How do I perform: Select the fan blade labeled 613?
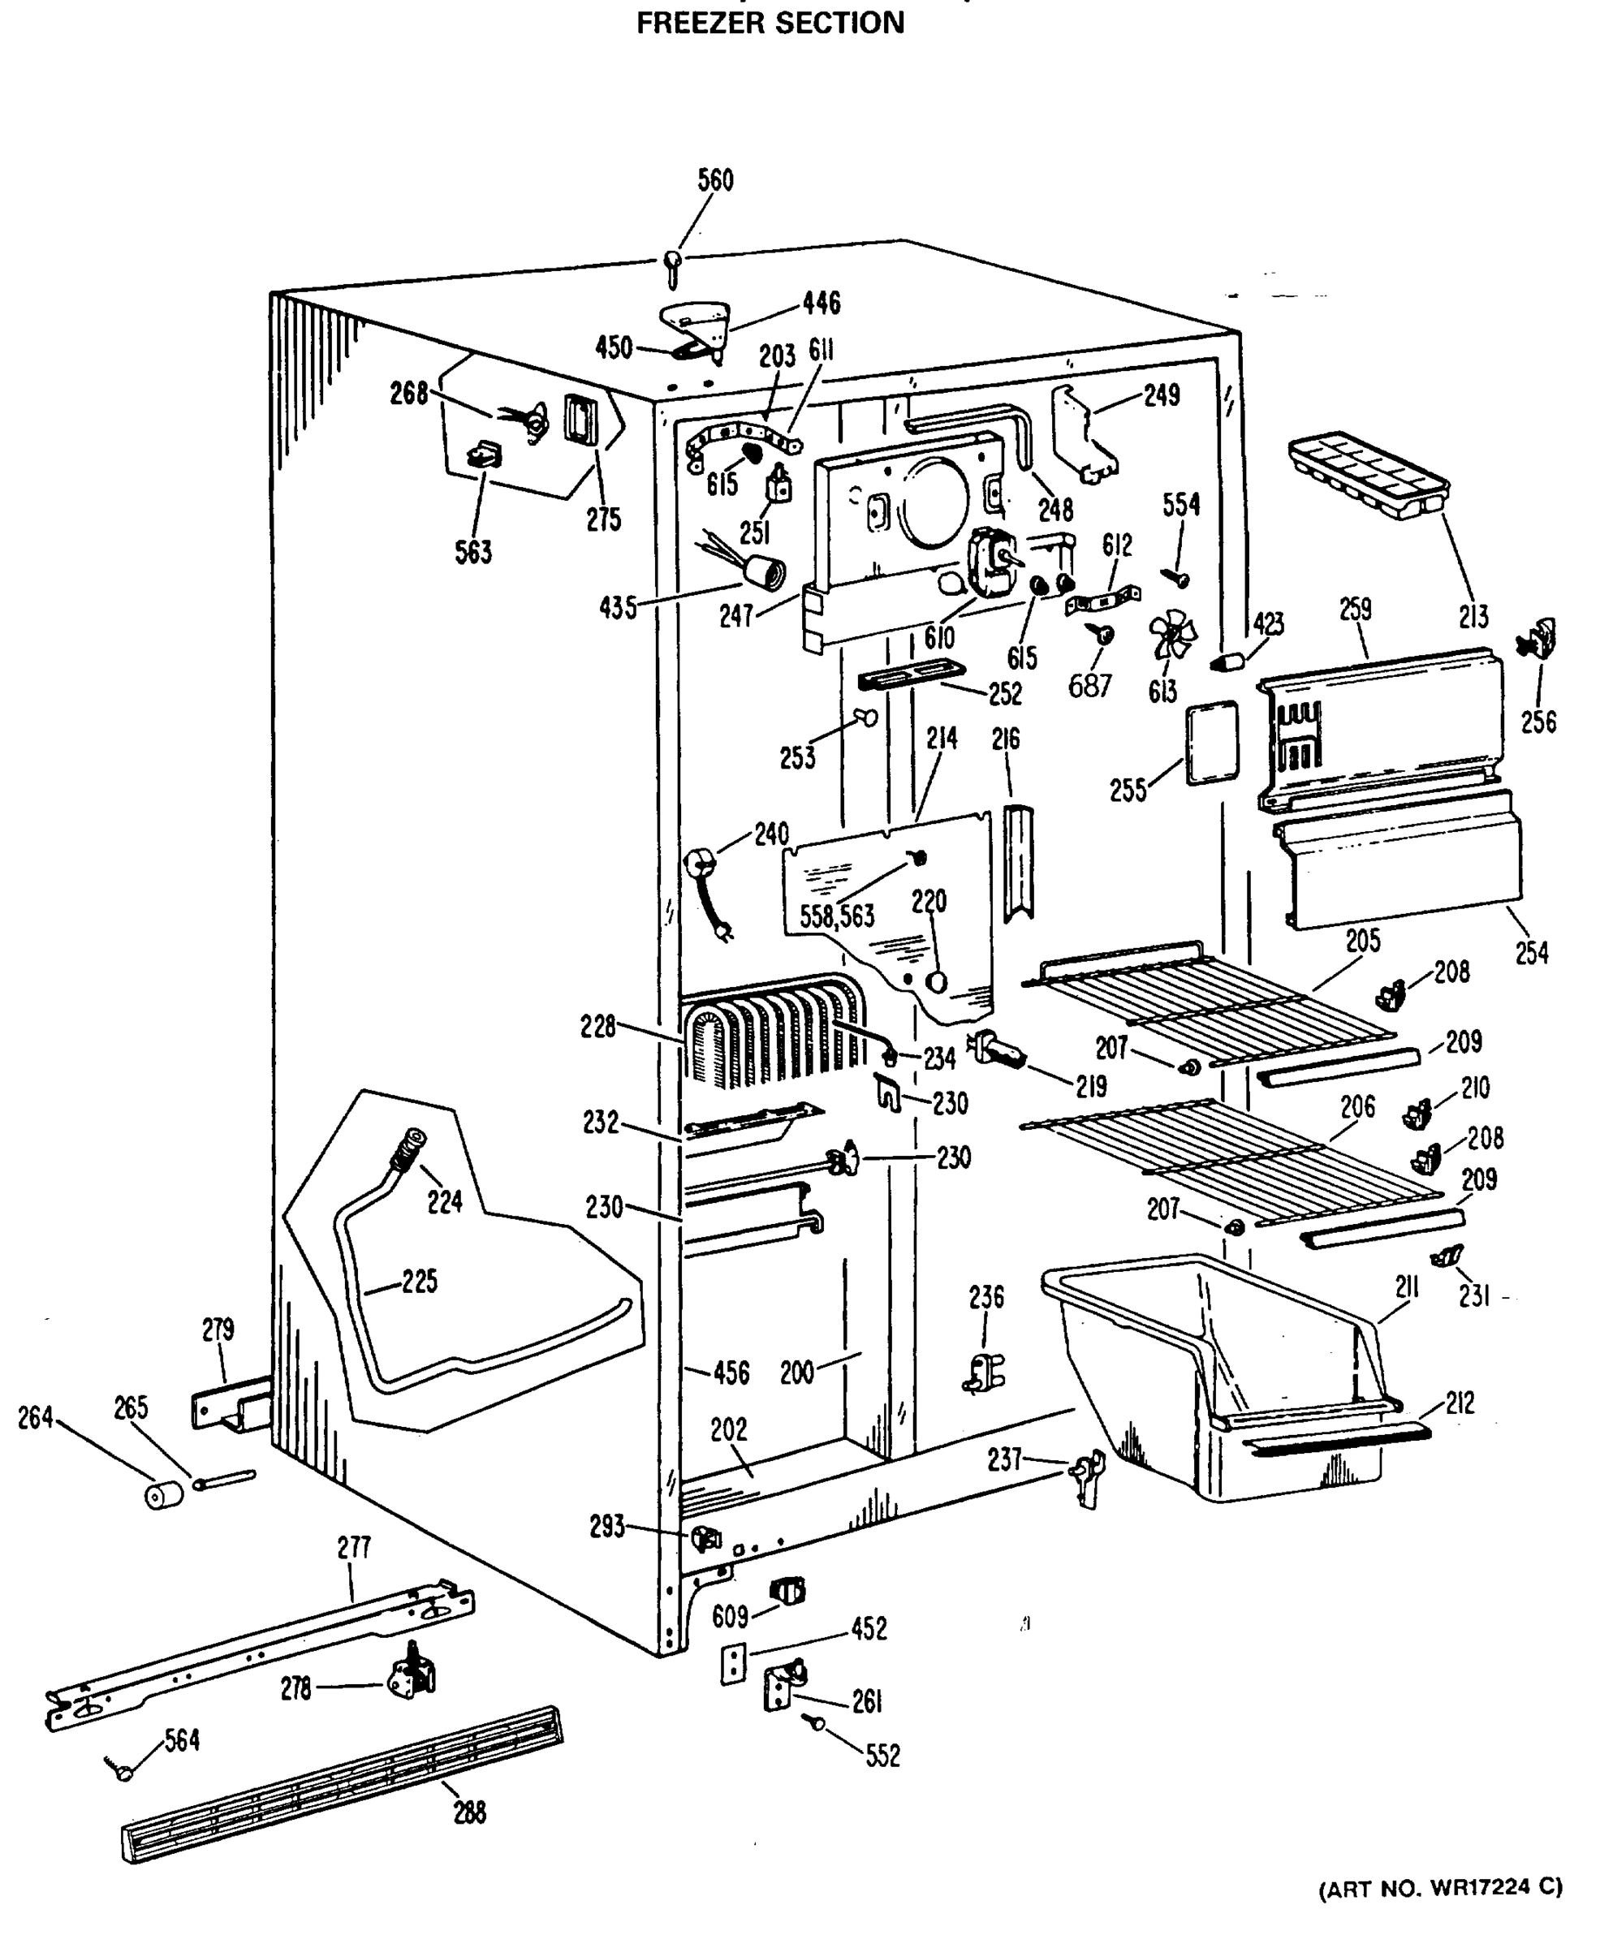1172,635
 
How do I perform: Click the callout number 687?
1089,686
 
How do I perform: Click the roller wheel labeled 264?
164,1493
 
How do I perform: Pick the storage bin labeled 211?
1217,1373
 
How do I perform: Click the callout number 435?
618,607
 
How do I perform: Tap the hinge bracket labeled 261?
783,1683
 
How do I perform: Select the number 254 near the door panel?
1532,952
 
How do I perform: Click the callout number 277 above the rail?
354,1547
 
